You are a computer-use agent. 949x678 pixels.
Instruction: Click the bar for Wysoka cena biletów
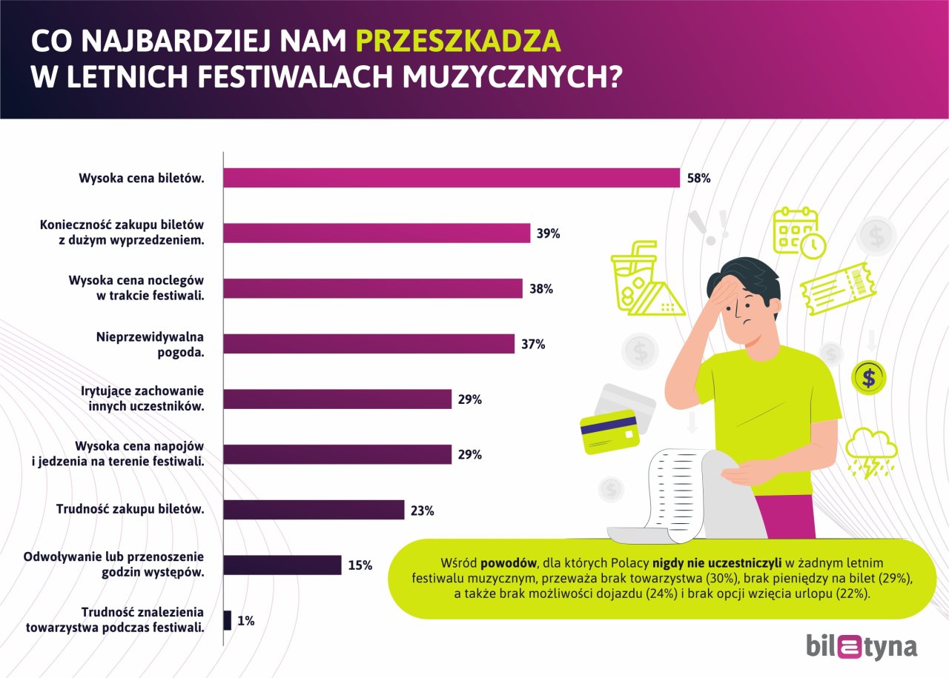[x=451, y=178]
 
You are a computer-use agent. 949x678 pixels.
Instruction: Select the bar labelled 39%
[x=377, y=233]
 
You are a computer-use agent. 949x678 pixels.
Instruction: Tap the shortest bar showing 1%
[x=228, y=621]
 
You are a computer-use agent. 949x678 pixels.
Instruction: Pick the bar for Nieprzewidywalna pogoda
[x=368, y=344]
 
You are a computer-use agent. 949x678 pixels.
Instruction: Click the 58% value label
[x=699, y=179]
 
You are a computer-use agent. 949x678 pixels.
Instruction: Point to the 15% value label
[x=360, y=565]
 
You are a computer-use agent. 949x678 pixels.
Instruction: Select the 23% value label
[x=422, y=510]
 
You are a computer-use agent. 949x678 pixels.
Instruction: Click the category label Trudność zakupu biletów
[x=130, y=510]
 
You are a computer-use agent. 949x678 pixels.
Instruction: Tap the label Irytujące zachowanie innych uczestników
[x=142, y=398]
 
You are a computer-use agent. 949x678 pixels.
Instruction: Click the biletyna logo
[x=861, y=647]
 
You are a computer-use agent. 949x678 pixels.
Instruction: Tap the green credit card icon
[x=609, y=431]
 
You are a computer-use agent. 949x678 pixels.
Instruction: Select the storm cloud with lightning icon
[x=871, y=451]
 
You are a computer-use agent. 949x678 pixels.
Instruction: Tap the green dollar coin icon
[x=868, y=378]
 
